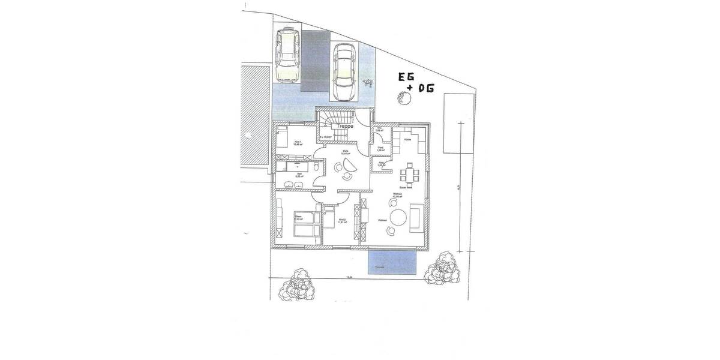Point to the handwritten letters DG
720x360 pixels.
click(x=424, y=89)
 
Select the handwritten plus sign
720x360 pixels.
click(x=409, y=88)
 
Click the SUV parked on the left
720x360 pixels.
click(x=287, y=56)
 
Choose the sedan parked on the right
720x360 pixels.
click(x=344, y=73)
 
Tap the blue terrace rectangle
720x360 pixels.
click(x=392, y=262)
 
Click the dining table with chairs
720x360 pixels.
click(x=411, y=176)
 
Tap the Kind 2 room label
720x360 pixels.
click(x=341, y=220)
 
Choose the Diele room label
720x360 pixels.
click(x=345, y=152)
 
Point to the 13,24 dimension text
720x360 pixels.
click(x=348, y=277)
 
